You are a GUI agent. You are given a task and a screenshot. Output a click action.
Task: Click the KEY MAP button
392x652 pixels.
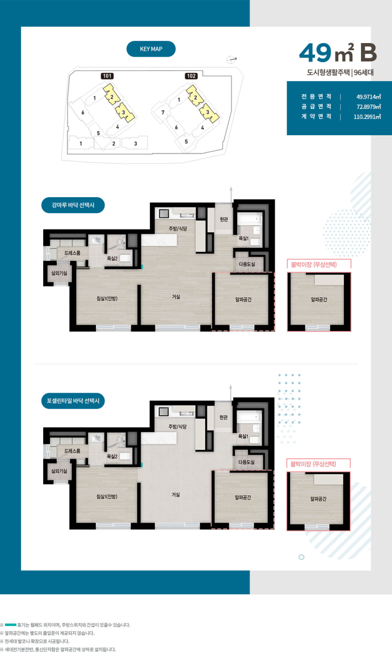[151, 49]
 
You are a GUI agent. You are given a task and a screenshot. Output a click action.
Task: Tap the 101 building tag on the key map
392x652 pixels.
[107, 76]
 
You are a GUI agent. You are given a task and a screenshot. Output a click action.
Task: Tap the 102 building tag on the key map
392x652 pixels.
[191, 76]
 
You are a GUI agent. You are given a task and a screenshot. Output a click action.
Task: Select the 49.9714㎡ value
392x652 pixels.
[369, 97]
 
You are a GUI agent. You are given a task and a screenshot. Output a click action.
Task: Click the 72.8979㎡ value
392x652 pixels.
[369, 107]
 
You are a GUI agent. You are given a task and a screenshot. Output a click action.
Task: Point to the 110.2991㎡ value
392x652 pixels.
[367, 117]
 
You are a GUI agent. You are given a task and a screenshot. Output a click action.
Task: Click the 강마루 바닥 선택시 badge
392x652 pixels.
[73, 205]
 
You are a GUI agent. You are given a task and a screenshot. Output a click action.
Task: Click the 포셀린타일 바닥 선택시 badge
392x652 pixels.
[73, 401]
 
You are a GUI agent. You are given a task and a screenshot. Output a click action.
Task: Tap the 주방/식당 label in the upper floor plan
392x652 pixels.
[178, 229]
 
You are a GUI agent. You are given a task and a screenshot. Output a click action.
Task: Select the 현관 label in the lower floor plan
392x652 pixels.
[224, 417]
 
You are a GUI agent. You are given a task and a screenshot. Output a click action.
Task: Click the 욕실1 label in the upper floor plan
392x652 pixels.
[243, 239]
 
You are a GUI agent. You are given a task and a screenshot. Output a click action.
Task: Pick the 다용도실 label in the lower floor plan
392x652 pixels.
[246, 462]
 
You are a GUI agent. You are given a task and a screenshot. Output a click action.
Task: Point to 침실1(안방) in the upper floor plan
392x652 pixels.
[107, 298]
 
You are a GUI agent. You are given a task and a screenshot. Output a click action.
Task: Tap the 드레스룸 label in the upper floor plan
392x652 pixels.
[73, 253]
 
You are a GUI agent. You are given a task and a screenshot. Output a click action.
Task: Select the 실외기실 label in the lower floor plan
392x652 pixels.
[59, 471]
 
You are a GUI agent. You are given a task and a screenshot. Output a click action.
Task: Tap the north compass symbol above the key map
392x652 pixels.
[231, 60]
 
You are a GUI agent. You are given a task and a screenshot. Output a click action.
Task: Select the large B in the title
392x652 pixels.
[368, 53]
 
